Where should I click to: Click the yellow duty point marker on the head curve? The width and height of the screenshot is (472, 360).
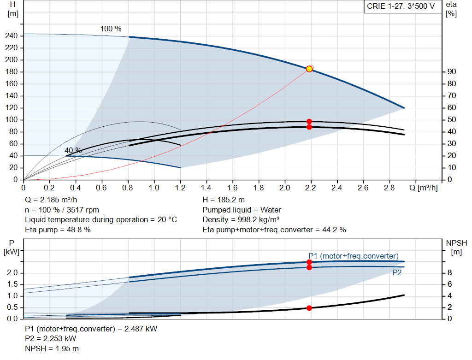[x=309, y=69]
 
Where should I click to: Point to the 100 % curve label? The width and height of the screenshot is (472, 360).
[x=111, y=29]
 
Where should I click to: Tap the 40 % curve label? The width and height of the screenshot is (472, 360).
[x=73, y=151]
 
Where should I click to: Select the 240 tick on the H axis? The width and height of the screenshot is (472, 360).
[x=12, y=36]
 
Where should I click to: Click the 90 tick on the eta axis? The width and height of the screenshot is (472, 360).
[x=452, y=72]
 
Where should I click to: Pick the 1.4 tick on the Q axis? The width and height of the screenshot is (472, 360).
[x=206, y=188]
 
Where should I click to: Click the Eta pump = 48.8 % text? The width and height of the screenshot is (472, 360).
[x=58, y=230]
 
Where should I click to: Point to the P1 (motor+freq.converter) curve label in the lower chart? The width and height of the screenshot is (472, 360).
[x=354, y=256]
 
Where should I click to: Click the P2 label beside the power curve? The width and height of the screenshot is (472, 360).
[x=397, y=273]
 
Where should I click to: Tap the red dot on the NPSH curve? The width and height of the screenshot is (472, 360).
[x=309, y=308]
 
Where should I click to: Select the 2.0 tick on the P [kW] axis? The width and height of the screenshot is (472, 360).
[x=12, y=273]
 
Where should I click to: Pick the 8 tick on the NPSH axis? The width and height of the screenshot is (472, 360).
[x=449, y=273]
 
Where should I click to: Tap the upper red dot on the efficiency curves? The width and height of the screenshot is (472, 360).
[x=309, y=122]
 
